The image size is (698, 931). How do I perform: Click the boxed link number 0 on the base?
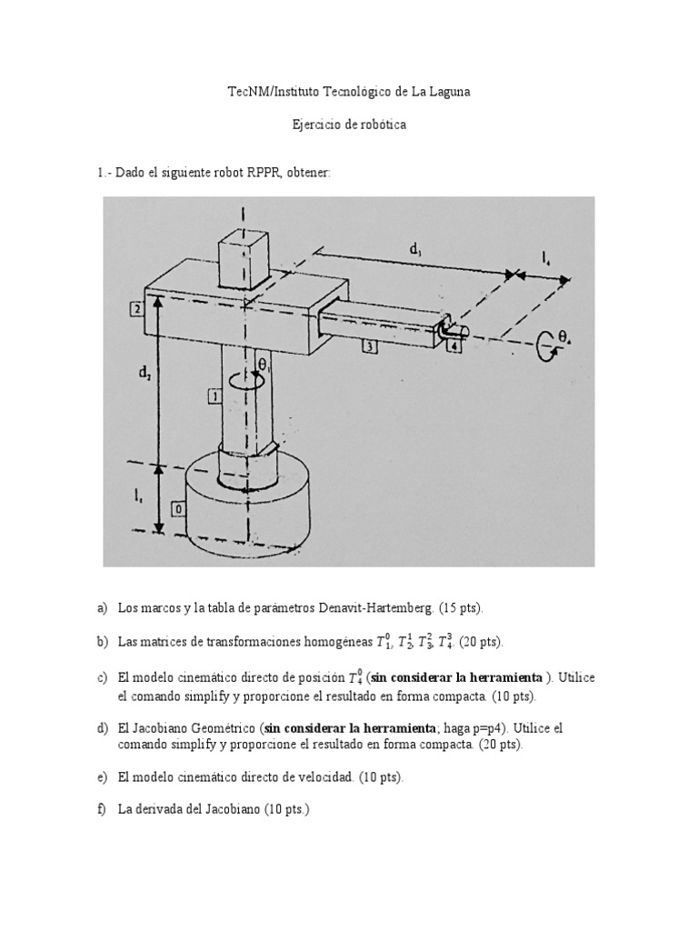click(x=178, y=510)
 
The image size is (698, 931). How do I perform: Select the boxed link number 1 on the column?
click(x=213, y=395)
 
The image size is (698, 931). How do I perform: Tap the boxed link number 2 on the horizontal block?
click(x=135, y=309)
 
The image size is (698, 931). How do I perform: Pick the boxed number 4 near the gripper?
click(x=454, y=345)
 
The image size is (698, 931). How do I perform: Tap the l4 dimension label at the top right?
click(x=545, y=261)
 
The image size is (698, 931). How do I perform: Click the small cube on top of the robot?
click(x=244, y=255)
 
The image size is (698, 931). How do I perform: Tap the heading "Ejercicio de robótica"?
click(x=348, y=125)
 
